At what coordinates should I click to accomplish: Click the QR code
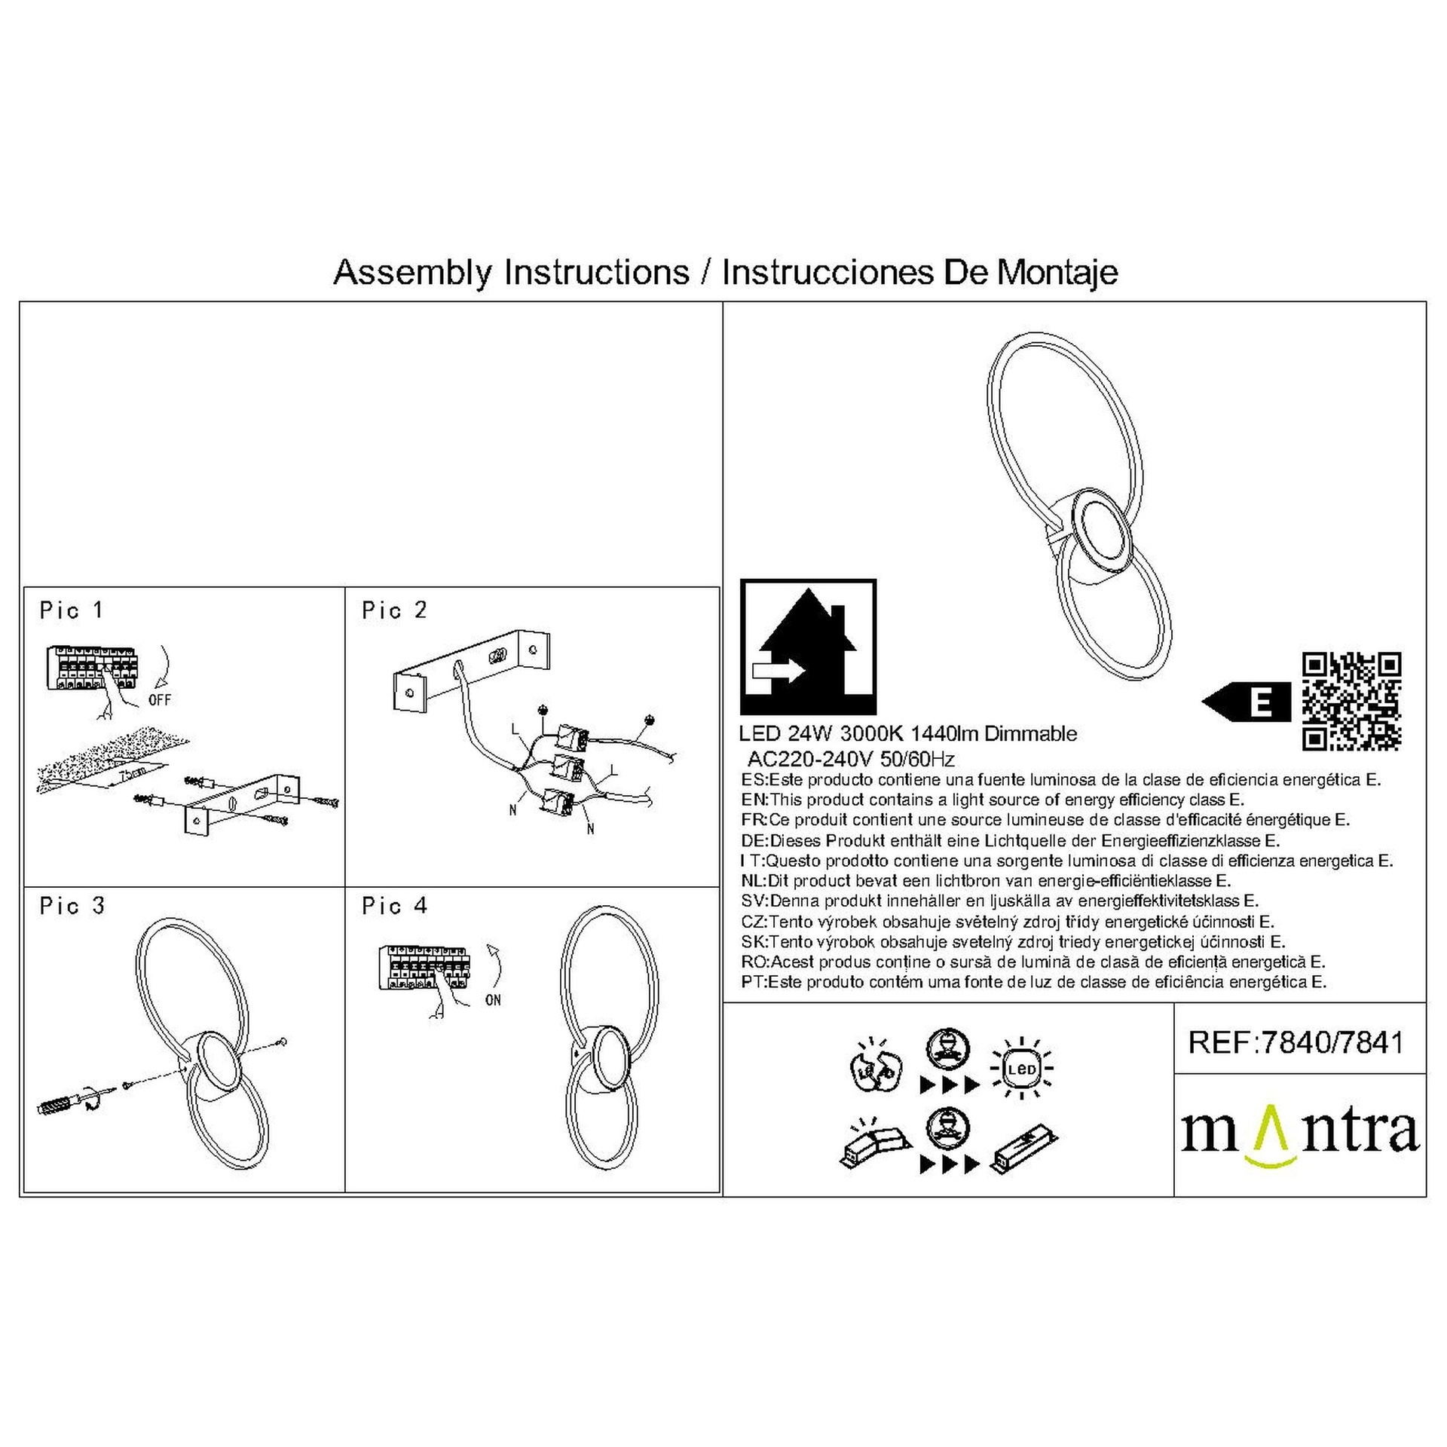click(1351, 701)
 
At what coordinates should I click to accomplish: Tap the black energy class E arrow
click(1247, 701)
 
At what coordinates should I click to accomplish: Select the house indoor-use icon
click(808, 647)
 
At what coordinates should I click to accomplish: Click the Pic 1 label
click(71, 610)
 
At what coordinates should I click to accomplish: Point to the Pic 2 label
click(394, 610)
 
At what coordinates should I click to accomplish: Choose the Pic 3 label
click(72, 906)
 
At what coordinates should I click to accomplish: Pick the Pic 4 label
click(394, 906)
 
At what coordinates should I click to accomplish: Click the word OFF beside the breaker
click(160, 700)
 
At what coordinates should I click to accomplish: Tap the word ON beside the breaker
click(493, 1000)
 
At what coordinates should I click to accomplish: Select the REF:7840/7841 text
click(1296, 1042)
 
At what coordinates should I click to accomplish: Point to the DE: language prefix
click(754, 840)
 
